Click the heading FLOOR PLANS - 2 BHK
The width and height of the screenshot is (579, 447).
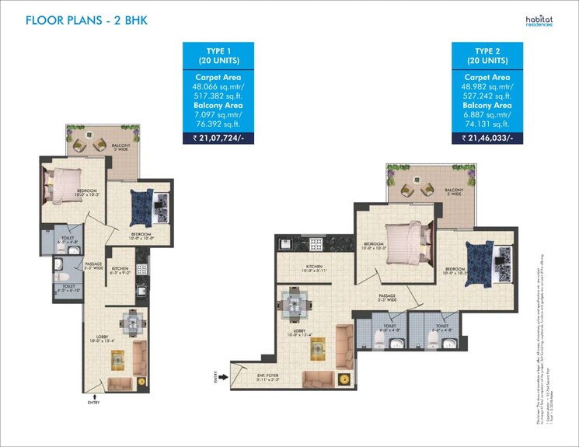[x=86, y=20]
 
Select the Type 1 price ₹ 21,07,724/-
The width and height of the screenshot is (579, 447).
[x=218, y=138]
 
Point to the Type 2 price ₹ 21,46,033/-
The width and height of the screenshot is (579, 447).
[x=488, y=138]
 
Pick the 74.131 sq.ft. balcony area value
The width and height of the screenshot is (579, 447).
[x=488, y=123]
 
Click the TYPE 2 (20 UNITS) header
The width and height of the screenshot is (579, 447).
[x=488, y=54]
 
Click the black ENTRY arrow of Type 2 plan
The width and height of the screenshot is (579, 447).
[x=224, y=378]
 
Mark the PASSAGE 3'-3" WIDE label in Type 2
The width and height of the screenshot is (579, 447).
[x=388, y=298]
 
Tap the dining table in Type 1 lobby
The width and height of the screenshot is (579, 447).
[x=133, y=321]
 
